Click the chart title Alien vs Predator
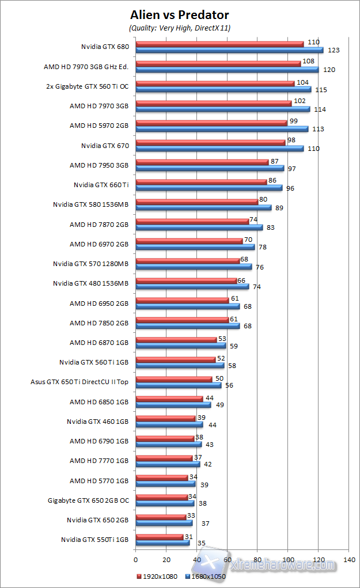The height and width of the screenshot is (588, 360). (180, 15)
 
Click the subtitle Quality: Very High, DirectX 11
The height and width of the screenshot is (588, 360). (180, 27)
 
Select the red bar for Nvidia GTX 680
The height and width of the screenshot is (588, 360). (219, 44)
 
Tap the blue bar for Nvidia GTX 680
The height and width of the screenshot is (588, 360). (229, 50)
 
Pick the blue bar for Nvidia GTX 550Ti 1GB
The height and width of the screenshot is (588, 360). (162, 543)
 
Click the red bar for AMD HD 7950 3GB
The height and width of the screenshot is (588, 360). (202, 162)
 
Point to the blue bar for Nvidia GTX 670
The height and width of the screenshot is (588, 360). (219, 149)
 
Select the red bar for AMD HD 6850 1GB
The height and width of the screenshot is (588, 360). (169, 399)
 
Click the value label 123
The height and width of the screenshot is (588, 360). (334, 50)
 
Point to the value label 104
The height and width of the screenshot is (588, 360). (302, 83)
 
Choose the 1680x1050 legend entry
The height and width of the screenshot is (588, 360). (206, 575)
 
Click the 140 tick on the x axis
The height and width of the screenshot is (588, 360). (348, 559)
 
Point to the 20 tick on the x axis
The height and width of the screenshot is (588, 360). (166, 559)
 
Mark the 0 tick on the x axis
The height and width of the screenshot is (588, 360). (136, 559)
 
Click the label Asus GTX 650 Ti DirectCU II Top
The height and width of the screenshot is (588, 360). (79, 382)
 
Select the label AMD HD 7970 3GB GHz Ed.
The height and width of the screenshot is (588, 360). (86, 67)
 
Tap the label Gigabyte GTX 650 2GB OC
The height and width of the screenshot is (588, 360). (88, 500)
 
